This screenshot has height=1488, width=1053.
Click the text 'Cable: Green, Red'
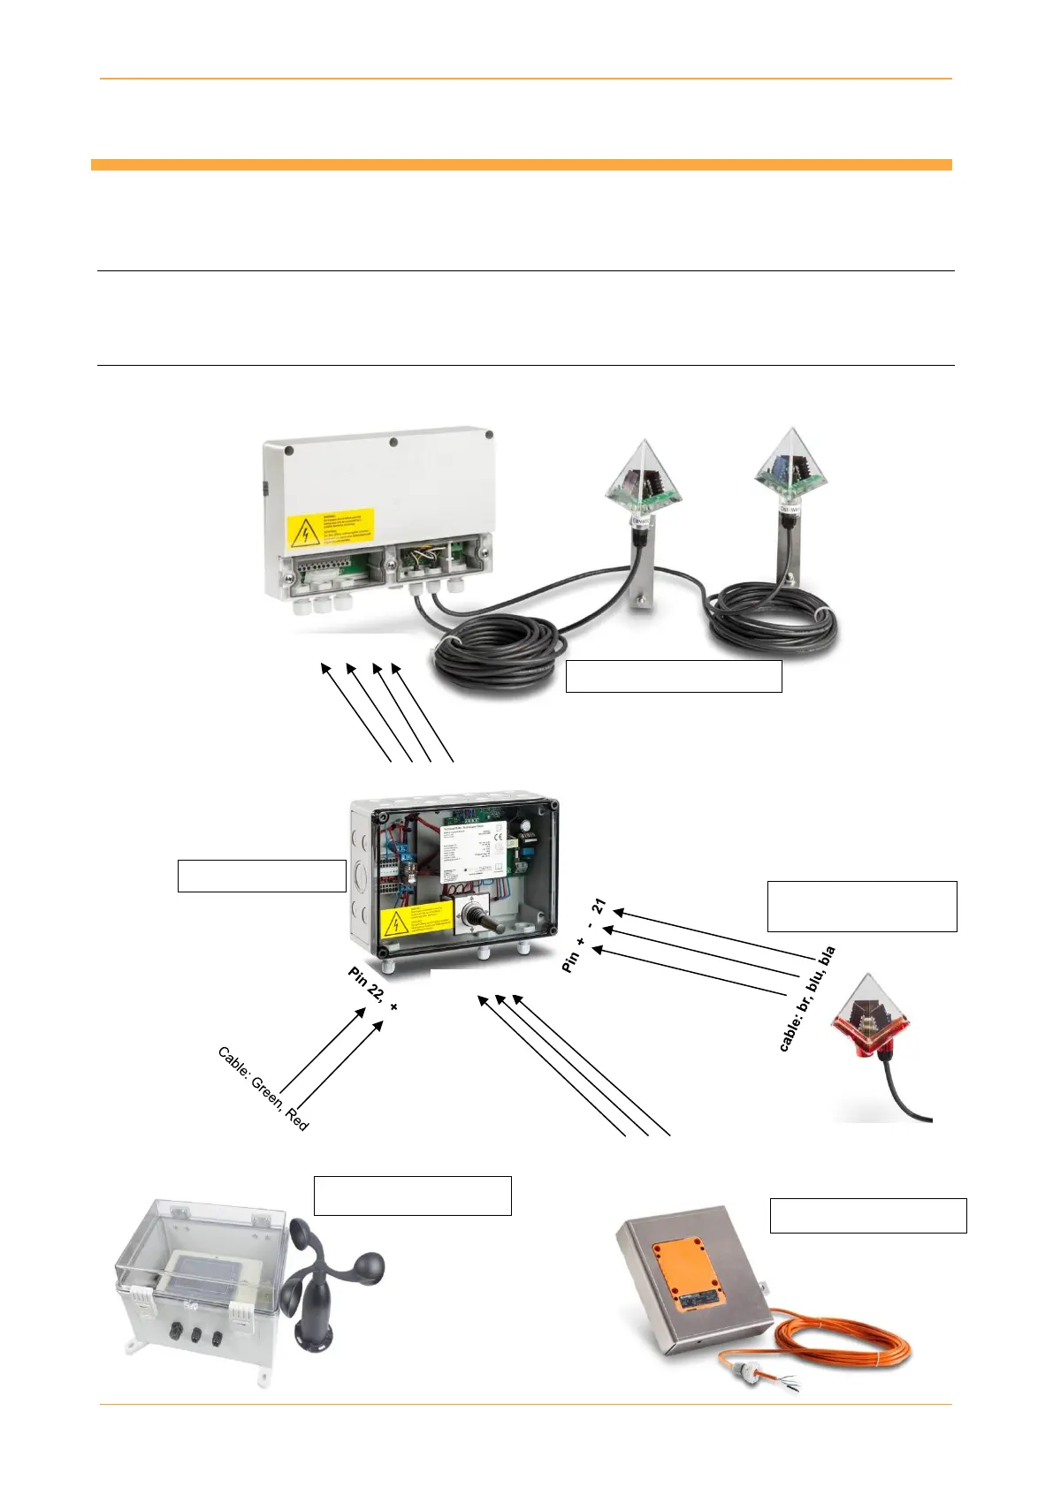263,1089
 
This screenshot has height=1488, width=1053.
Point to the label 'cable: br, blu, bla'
806,998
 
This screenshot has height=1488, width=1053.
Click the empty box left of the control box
262,876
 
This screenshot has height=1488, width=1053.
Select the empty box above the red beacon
862,906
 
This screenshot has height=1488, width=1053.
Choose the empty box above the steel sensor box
868,1215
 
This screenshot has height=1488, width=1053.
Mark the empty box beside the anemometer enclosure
413,1196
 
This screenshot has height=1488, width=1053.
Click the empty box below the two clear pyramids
674,676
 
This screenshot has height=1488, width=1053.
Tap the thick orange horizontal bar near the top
522,164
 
